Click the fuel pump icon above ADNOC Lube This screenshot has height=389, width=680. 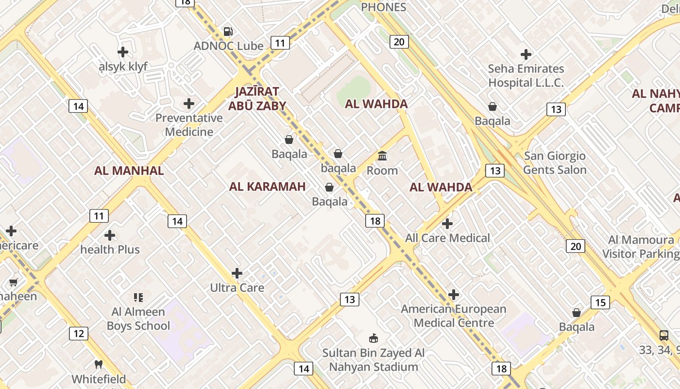coord(228,32)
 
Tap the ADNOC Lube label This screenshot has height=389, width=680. coord(228,46)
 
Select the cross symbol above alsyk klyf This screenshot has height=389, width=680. coord(123,52)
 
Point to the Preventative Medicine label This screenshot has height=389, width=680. coord(189,125)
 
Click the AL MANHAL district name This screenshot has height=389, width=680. coord(129,171)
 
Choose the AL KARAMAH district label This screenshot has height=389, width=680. coord(267,187)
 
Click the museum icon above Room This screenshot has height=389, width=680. coord(382,156)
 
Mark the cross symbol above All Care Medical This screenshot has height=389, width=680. coord(447,224)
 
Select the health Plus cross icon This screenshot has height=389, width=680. coord(110,236)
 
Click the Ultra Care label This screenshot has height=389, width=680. coord(237,288)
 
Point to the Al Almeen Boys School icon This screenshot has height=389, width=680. coord(138,297)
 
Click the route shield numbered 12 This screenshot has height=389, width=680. coord(79,334)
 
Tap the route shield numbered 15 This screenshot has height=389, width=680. coord(600,302)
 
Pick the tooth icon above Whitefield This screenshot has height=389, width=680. coord(99,364)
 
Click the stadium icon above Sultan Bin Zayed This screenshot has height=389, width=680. coord(374,338)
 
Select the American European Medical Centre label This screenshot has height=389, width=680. coord(454,316)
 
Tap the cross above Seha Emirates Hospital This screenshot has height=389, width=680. coord(526,54)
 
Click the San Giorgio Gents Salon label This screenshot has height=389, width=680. coord(555,163)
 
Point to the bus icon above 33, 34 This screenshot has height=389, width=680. coord(664,335)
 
